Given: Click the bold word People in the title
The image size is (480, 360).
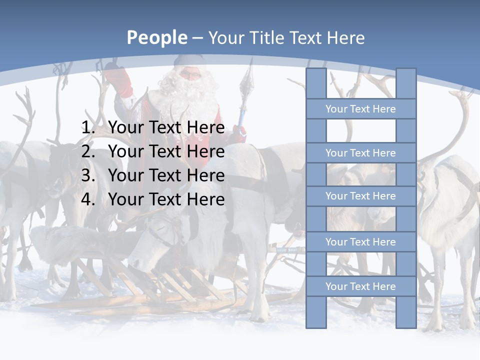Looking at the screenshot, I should [156, 38].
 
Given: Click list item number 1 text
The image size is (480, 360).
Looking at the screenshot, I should [166, 127].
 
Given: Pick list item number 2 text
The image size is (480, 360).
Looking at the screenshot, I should [166, 151].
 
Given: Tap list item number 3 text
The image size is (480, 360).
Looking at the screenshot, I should [166, 175].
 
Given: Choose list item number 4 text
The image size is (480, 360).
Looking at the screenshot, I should [166, 199].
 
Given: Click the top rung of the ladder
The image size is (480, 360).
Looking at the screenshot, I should [360, 109].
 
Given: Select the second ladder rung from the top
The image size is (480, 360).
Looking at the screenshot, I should [360, 153].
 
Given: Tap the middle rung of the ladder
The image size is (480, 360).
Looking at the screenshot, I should [360, 196].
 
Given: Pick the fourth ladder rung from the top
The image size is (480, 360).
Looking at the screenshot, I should [360, 242].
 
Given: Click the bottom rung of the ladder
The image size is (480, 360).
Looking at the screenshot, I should [360, 286].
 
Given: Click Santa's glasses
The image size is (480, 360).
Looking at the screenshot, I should [189, 75].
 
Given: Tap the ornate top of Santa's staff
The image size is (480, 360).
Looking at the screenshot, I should [246, 80].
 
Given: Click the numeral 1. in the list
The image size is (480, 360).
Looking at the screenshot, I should [88, 127].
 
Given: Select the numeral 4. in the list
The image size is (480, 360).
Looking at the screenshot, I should [88, 199].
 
